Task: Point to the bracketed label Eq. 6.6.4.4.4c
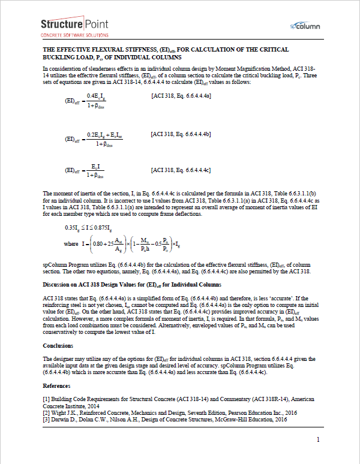[x=181, y=171]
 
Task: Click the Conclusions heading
[x=58, y=346]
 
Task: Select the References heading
[x=56, y=385]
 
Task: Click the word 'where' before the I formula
[x=71, y=245]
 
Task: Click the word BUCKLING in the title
[x=62, y=58]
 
